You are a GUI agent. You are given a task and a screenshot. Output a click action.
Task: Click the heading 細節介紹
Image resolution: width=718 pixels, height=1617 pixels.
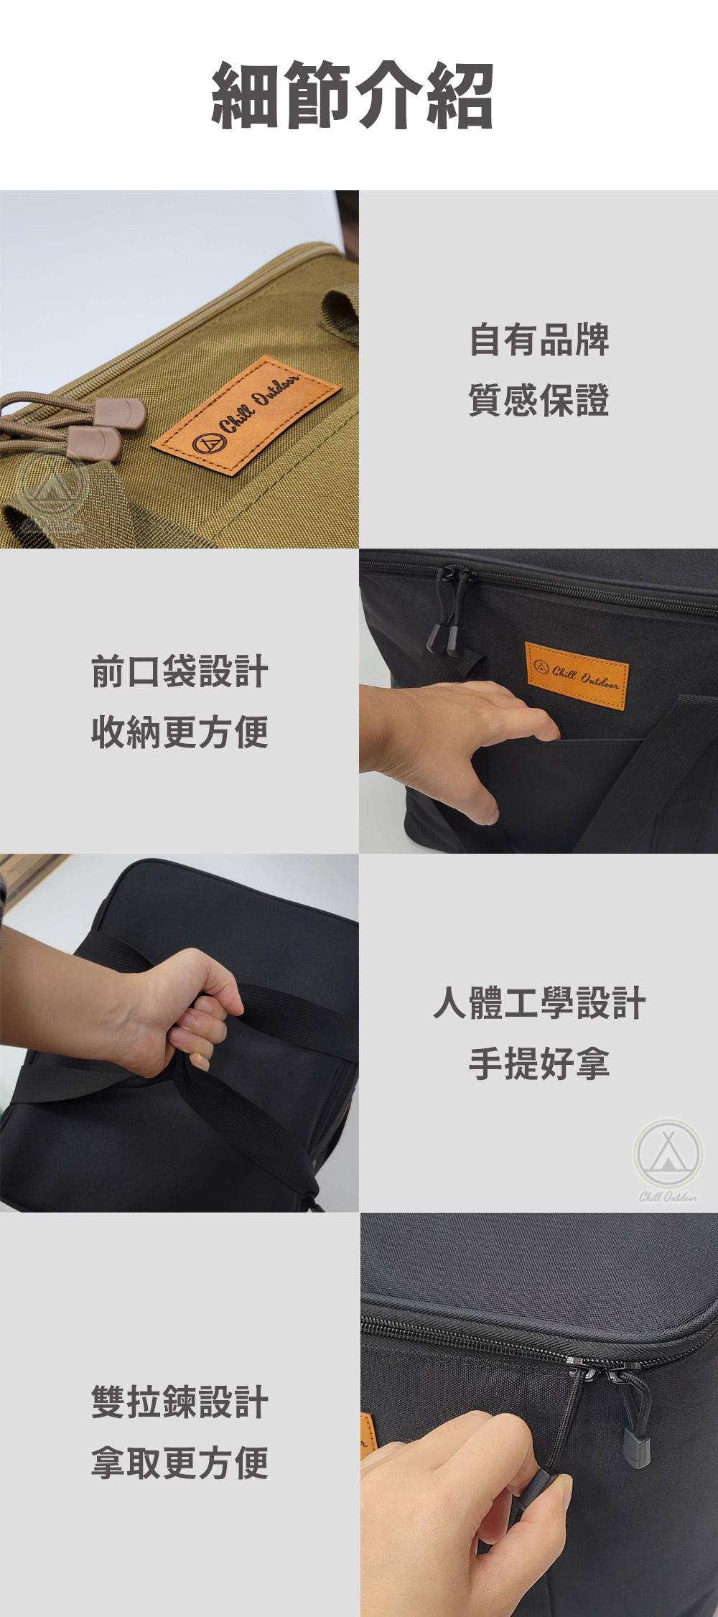(352, 95)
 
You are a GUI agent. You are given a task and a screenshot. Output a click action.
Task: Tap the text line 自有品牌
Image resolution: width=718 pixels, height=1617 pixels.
(538, 340)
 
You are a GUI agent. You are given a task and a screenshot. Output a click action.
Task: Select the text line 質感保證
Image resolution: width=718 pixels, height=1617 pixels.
(538, 400)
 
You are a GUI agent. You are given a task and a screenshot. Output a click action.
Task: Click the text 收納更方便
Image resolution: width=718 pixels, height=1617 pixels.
(179, 732)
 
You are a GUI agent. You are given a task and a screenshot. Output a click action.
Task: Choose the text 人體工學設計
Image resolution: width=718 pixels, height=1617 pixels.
(539, 1003)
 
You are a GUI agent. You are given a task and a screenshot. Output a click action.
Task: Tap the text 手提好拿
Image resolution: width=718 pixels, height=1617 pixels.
(539, 1063)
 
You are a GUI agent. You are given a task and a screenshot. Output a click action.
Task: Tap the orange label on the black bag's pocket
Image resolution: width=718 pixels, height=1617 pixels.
(577, 676)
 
